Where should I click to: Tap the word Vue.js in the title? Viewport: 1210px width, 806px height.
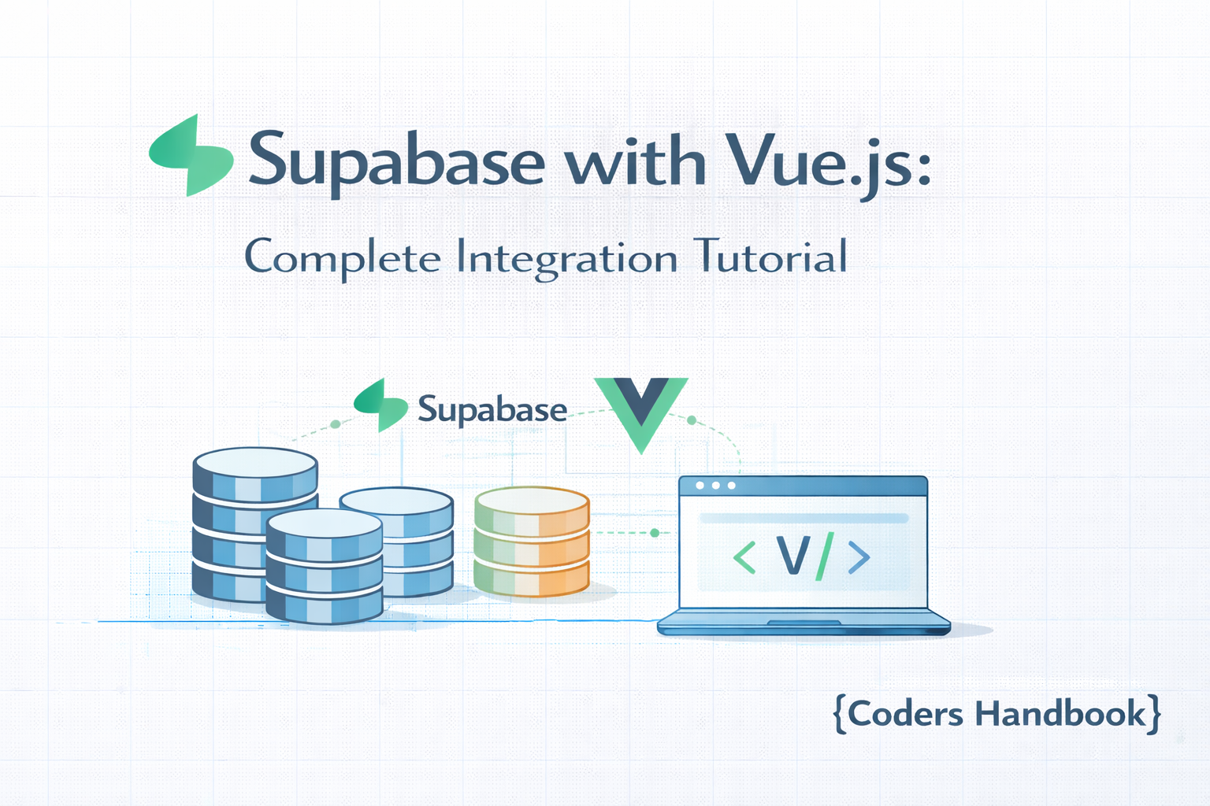point(827,161)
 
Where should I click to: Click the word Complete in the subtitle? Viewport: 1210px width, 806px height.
point(343,257)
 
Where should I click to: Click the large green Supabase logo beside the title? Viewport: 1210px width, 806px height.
point(191,155)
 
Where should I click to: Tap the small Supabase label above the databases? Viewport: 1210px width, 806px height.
point(492,409)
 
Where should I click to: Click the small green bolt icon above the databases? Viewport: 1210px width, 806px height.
point(380,405)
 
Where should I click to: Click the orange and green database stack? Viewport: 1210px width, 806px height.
point(532,542)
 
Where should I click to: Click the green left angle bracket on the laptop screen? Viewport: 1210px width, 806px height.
point(744,557)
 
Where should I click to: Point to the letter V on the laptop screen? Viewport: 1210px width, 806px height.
point(792,556)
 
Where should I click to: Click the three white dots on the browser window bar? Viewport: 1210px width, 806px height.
point(715,486)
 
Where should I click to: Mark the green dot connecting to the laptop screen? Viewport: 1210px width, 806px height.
point(655,533)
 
